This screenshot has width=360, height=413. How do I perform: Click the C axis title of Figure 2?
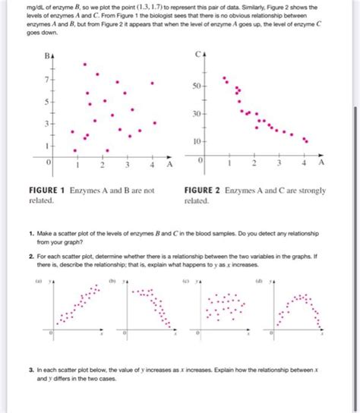tap(197, 55)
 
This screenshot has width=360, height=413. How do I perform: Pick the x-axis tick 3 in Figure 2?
tap(279, 164)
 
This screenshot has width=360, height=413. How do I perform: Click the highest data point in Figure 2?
tap(223, 77)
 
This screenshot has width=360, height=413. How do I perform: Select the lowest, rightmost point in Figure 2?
tap(306, 140)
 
